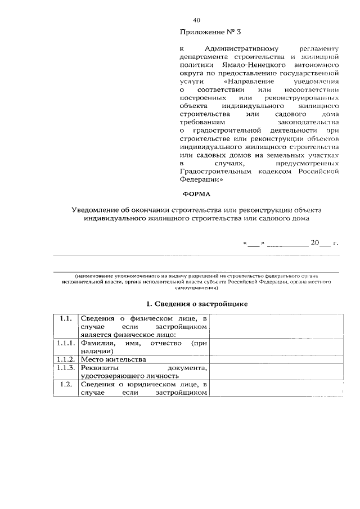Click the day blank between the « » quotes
253,244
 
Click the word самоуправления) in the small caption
196,287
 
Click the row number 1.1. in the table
65,318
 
